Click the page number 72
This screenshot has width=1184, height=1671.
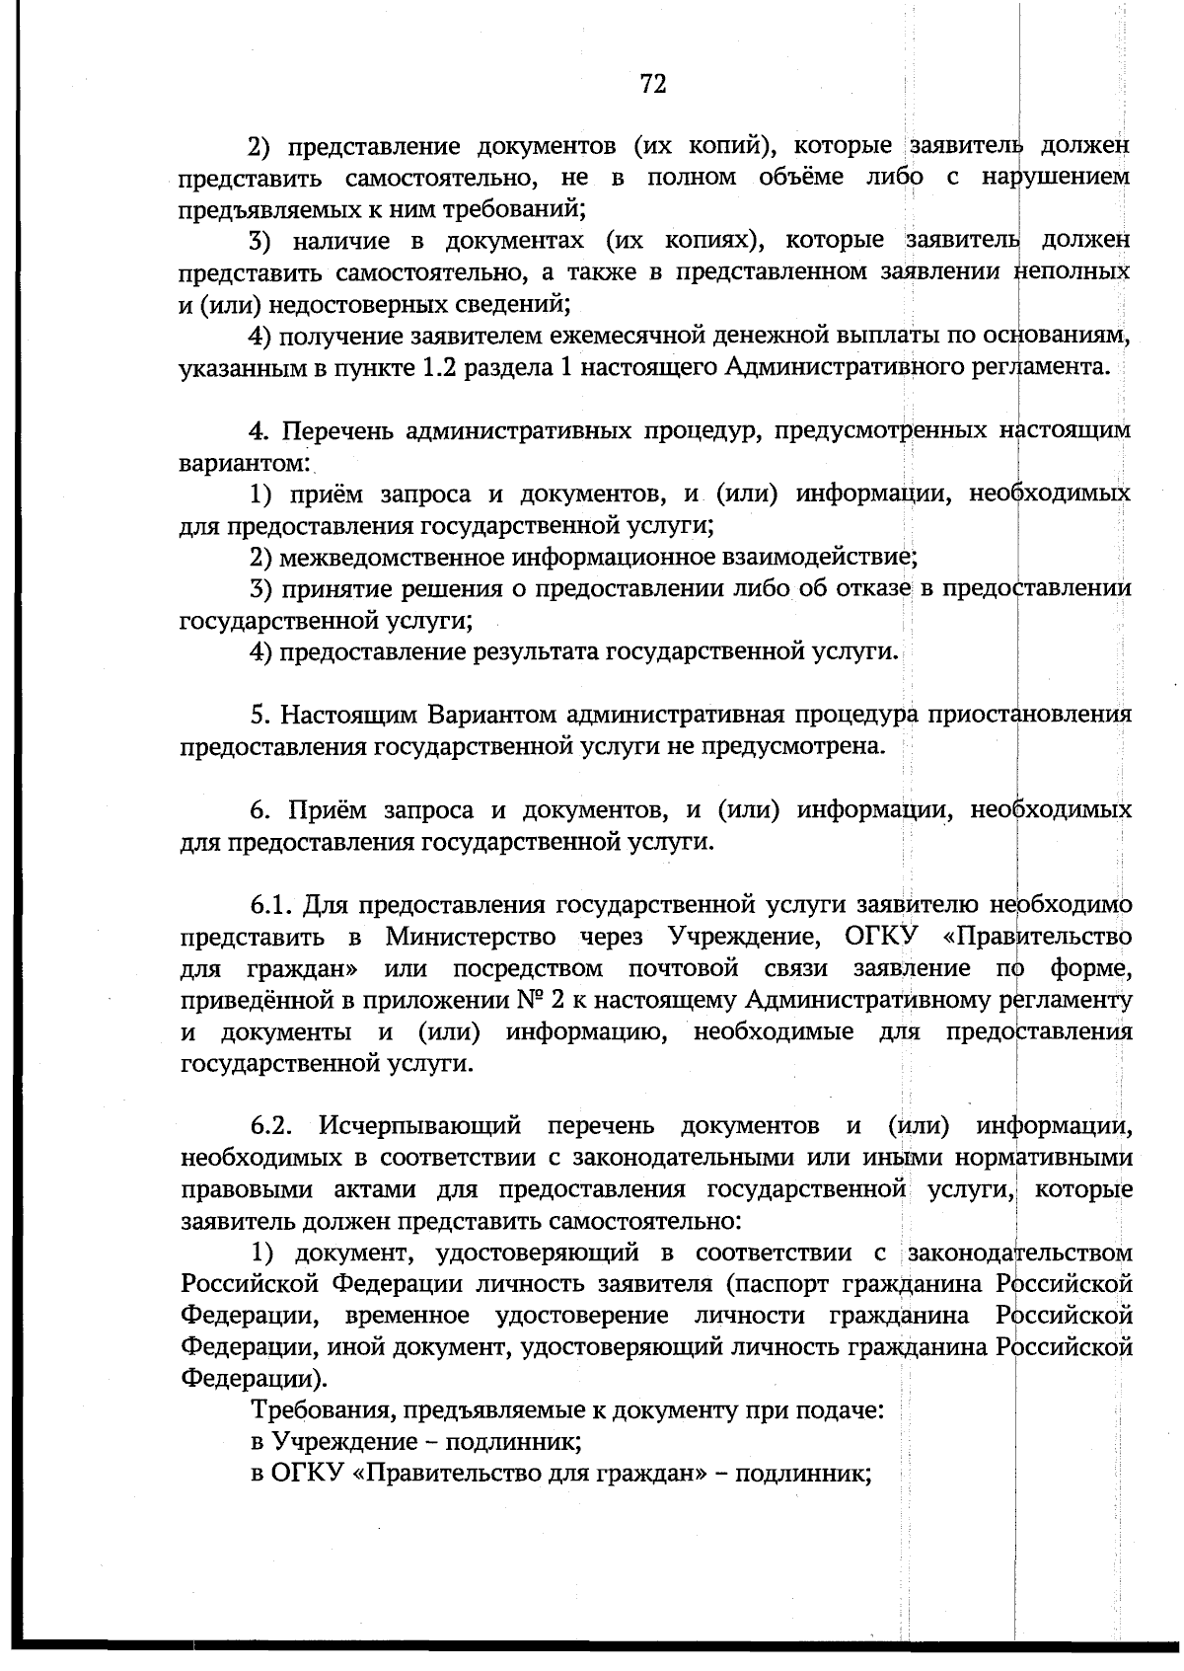653,84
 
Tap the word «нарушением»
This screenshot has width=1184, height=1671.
1056,178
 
